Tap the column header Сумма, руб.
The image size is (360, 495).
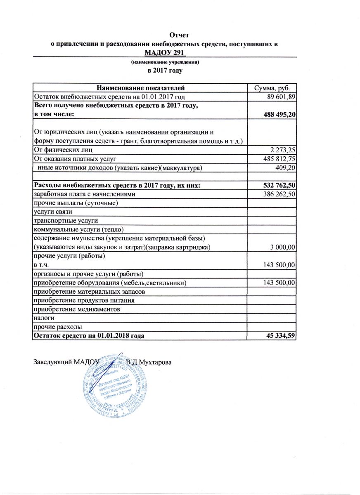click(x=271, y=88)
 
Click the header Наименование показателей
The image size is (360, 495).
click(x=139, y=88)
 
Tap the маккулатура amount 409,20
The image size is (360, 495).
click(x=285, y=167)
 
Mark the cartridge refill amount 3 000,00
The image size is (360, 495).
click(x=283, y=247)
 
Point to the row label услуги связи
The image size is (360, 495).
click(x=53, y=212)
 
